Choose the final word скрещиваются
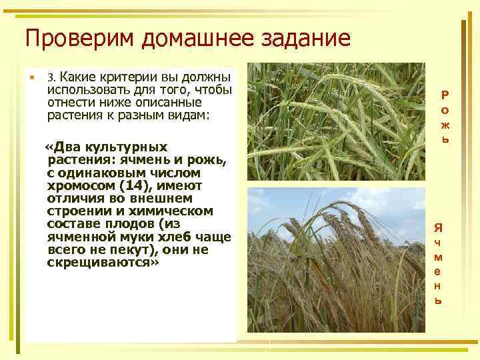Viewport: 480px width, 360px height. [x=103, y=263]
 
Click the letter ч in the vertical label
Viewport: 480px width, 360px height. [x=438, y=242]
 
